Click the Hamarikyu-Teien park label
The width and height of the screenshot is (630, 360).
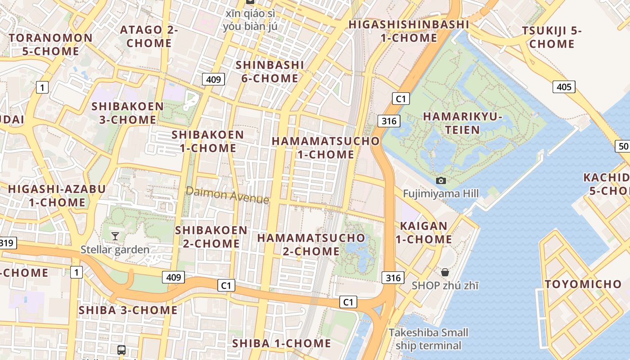point(463,123)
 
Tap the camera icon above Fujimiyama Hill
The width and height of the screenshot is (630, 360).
point(441,180)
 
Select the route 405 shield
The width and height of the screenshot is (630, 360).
point(564,86)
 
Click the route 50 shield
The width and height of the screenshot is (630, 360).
point(623,146)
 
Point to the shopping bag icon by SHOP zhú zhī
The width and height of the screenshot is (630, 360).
point(445,272)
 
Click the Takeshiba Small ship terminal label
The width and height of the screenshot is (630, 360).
point(428,339)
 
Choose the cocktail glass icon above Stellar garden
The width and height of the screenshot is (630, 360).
point(115,236)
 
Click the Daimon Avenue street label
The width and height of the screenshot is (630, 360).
point(227,195)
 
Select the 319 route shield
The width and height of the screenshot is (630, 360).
point(6,243)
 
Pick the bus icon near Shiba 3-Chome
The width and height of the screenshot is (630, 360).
point(121,350)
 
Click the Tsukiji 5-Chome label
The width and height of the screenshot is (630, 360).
point(552,37)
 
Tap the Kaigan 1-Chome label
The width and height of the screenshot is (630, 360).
point(423,232)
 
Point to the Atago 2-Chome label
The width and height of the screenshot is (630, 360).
point(149,36)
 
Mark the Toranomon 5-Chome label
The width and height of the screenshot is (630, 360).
point(51,44)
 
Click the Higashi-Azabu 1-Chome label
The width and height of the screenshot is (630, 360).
point(57,195)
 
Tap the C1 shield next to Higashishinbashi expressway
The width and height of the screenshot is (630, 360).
point(400,99)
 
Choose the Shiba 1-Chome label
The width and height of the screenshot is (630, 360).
point(281,343)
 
